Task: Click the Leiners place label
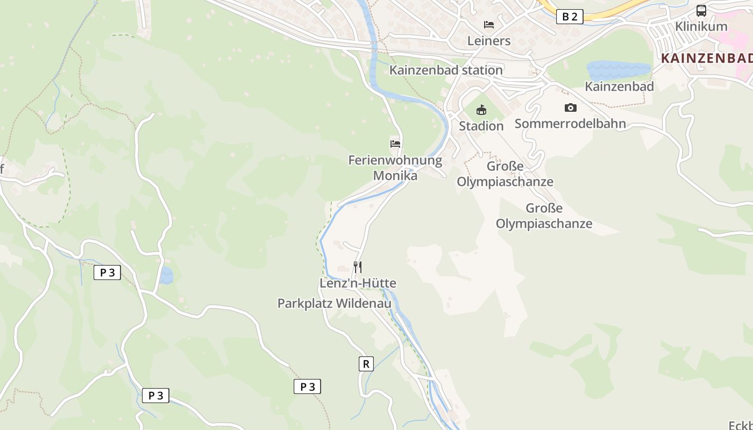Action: [x=488, y=41]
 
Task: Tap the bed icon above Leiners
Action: [x=488, y=25]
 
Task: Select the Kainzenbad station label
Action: [x=446, y=70]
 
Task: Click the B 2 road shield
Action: [x=569, y=17]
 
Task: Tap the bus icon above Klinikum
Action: [x=701, y=11]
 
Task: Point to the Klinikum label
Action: [x=701, y=26]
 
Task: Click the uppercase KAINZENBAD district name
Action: [x=706, y=59]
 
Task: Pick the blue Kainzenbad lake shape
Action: [x=619, y=70]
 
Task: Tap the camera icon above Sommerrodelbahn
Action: [x=570, y=107]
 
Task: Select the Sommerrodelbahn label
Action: [x=570, y=124]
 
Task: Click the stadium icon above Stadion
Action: [x=481, y=110]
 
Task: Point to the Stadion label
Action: [x=481, y=126]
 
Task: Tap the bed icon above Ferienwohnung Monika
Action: [x=395, y=144]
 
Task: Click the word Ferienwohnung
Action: [x=395, y=160]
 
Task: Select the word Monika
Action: [x=395, y=175]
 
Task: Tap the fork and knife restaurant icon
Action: [x=357, y=267]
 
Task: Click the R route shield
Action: [x=366, y=364]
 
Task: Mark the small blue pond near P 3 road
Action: [x=167, y=276]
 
